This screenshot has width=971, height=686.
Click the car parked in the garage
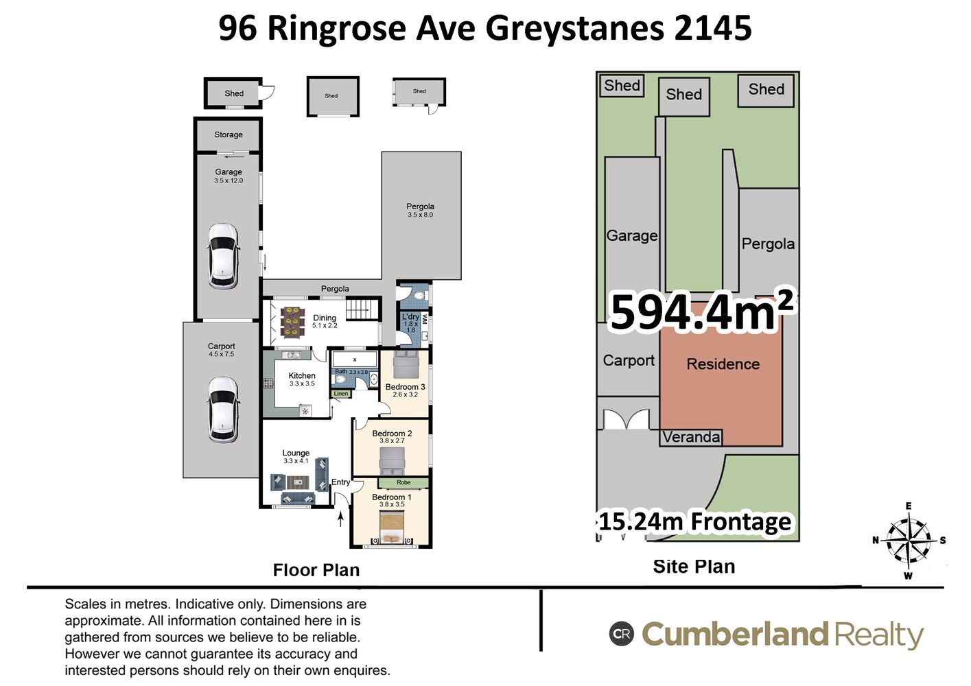(223, 256)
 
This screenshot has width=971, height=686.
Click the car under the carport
(223, 410)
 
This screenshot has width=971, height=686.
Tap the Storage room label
(229, 134)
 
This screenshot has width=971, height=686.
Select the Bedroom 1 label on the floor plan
(391, 497)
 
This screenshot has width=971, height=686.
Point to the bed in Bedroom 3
(406, 364)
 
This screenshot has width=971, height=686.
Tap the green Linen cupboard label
(341, 394)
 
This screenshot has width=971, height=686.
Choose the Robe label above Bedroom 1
(403, 482)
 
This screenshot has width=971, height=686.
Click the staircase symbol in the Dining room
(362, 309)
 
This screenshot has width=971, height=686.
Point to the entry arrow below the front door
(341, 519)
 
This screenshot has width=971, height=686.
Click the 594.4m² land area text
(702, 311)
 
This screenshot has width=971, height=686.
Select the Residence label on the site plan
(723, 364)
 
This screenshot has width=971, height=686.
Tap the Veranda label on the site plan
(691, 437)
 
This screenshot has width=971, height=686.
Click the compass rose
(909, 540)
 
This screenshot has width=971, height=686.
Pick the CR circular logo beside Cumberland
(622, 634)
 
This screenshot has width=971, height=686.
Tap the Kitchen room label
(302, 376)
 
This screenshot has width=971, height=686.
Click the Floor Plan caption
(316, 570)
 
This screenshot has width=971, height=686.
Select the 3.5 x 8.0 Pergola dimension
(420, 215)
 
